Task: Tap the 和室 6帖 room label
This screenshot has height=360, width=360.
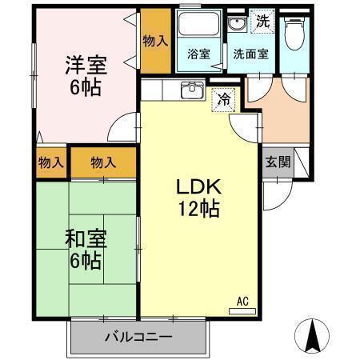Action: point(83,249)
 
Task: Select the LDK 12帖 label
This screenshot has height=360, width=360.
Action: point(198,198)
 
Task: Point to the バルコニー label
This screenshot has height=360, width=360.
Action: point(138,337)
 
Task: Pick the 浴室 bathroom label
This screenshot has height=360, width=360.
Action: point(198,54)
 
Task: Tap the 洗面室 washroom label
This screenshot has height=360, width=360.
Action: point(250,54)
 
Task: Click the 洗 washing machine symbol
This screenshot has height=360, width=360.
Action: point(262,22)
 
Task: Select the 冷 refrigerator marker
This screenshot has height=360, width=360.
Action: point(225,99)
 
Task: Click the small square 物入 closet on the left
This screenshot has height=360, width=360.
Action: point(50,162)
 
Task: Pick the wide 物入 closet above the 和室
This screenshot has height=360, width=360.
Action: point(103,162)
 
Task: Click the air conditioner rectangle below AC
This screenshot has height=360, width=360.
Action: point(242,310)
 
